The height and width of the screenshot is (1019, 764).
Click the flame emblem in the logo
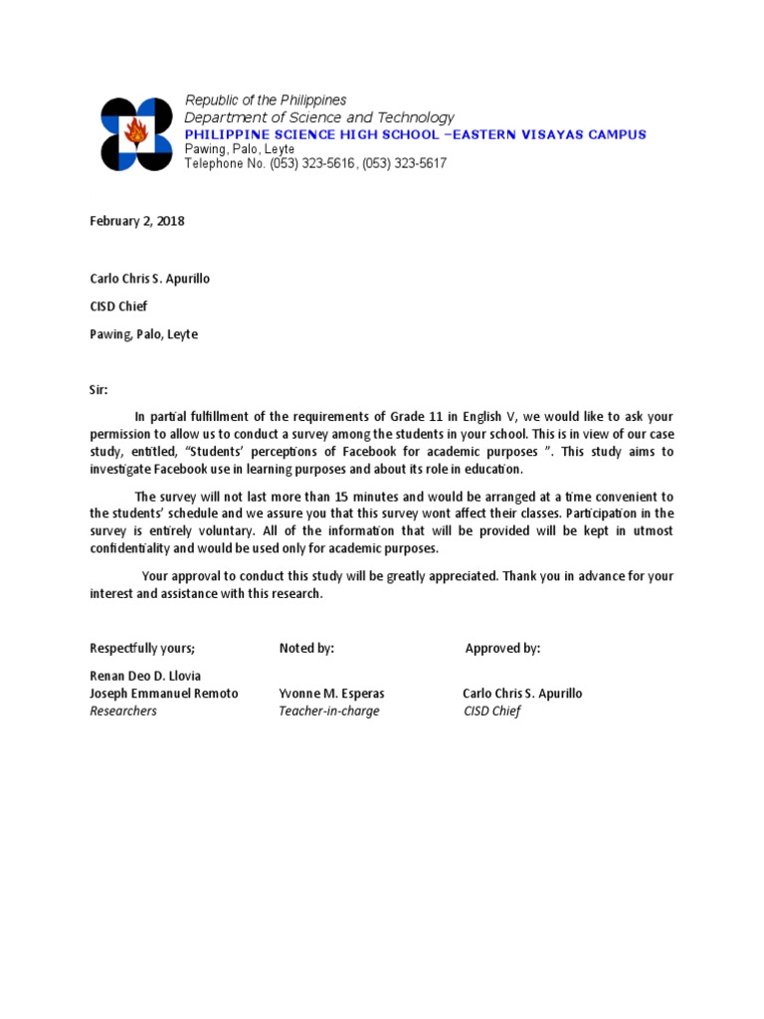click(x=136, y=131)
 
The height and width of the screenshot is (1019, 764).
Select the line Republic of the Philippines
click(x=266, y=101)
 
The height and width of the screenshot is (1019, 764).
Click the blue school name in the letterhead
click(x=416, y=134)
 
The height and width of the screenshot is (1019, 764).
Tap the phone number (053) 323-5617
click(x=404, y=163)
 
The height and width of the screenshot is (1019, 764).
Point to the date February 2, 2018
click(x=137, y=221)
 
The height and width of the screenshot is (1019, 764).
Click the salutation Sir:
click(x=99, y=390)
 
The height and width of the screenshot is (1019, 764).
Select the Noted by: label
click(x=306, y=648)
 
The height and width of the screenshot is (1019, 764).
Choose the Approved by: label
click(x=502, y=648)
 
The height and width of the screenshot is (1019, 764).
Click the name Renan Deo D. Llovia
click(x=145, y=676)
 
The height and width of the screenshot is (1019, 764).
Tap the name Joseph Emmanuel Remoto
click(x=164, y=694)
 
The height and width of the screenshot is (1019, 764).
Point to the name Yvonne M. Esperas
click(x=331, y=694)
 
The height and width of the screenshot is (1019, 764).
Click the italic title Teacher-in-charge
click(x=329, y=712)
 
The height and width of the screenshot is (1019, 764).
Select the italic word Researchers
click(x=123, y=712)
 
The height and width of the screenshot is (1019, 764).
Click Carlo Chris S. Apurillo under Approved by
click(x=522, y=694)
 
